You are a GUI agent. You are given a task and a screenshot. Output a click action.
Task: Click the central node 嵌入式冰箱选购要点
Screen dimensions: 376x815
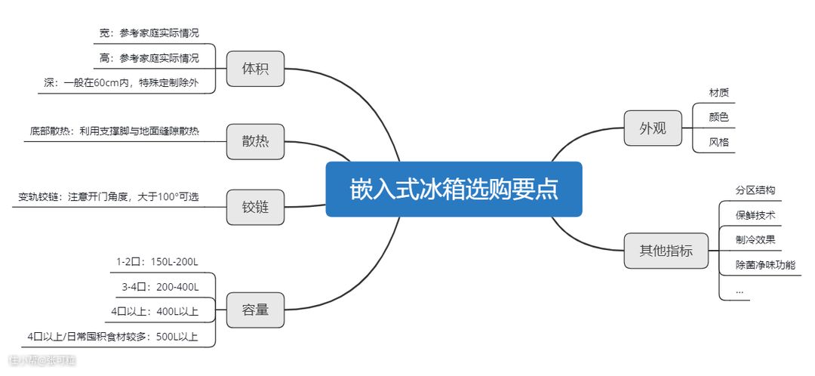point(454,189)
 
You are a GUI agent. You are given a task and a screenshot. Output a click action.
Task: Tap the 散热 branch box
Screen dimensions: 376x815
point(255,141)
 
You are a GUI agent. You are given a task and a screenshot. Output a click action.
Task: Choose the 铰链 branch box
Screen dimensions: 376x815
point(255,206)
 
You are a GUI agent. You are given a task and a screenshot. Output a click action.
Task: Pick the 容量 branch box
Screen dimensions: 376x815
point(255,309)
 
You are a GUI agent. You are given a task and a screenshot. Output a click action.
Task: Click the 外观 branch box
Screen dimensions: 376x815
point(653,128)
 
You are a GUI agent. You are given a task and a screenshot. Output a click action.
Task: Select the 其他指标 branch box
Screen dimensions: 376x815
point(666,250)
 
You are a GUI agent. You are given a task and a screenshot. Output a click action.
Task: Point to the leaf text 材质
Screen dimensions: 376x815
point(718,93)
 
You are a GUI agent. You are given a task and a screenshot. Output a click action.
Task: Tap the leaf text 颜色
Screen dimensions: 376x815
point(718,117)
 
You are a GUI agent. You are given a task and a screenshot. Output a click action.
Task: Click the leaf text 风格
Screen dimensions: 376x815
point(718,141)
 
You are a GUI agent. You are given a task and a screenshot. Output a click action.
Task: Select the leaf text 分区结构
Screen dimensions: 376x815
point(755,190)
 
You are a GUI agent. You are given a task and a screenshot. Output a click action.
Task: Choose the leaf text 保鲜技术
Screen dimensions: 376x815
point(755,215)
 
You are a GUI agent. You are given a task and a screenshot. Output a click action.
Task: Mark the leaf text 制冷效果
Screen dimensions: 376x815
point(755,239)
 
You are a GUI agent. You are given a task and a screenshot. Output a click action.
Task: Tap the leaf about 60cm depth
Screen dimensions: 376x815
point(121,83)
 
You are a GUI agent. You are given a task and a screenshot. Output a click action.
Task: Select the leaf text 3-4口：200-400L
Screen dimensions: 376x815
point(160,287)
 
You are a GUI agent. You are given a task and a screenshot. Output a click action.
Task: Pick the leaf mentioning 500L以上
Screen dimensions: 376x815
point(112,336)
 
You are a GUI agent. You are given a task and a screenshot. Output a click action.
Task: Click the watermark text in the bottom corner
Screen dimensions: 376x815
point(43,360)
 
